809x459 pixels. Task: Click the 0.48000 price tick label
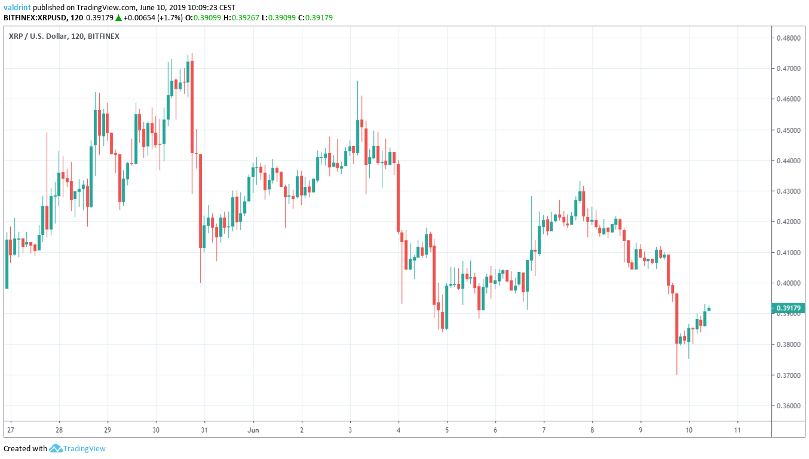788,38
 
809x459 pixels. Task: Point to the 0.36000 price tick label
788,406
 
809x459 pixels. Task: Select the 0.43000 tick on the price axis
788,191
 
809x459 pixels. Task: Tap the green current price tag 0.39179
789,308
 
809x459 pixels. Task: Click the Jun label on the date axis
253,430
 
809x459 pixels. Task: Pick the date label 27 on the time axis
10,430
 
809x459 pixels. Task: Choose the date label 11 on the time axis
737,430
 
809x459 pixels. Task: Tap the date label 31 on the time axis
204,430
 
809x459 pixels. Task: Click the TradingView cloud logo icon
56,448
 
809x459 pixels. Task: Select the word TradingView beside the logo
85,448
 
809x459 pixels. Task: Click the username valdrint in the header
17,7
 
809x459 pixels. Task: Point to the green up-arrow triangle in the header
119,17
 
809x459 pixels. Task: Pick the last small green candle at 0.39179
709,309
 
